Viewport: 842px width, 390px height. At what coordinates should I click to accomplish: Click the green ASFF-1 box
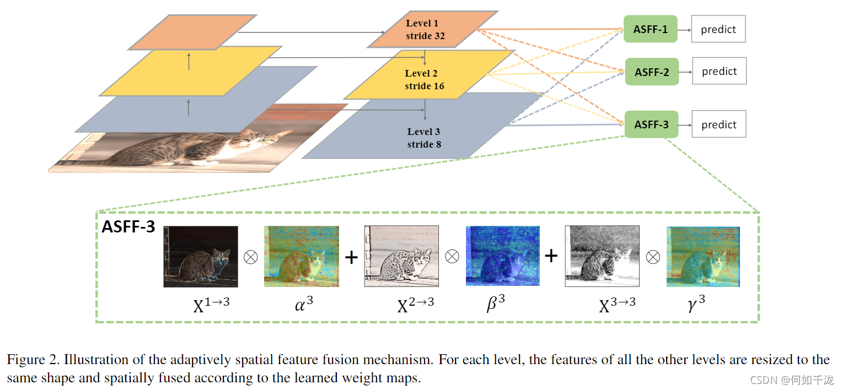point(650,29)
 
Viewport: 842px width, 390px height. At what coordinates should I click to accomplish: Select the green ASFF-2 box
point(651,72)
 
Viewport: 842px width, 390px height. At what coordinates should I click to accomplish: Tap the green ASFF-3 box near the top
point(651,124)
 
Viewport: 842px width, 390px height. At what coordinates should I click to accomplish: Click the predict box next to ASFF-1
point(718,30)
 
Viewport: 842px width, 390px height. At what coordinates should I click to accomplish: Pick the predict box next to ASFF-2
point(719,72)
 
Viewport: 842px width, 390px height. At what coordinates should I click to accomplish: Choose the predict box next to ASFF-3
point(719,124)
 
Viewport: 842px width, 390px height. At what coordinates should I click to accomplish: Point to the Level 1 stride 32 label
point(425,30)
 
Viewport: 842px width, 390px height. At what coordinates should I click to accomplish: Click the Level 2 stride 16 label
point(424,79)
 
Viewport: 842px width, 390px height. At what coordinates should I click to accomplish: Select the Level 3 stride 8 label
point(423,138)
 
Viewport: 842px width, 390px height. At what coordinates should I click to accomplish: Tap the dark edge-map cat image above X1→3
point(201,257)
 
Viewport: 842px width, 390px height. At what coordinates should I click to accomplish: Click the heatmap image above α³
point(301,257)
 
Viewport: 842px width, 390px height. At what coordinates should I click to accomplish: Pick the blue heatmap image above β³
point(502,257)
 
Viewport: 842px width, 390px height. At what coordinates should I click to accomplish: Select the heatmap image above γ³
point(703,257)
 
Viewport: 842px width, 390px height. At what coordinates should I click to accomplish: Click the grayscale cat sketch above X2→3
point(401,257)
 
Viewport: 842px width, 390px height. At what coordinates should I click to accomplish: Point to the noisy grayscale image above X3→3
point(602,257)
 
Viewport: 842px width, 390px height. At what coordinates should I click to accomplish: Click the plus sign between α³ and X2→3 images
point(351,257)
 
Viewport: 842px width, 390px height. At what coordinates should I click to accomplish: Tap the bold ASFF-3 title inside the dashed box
point(128,227)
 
